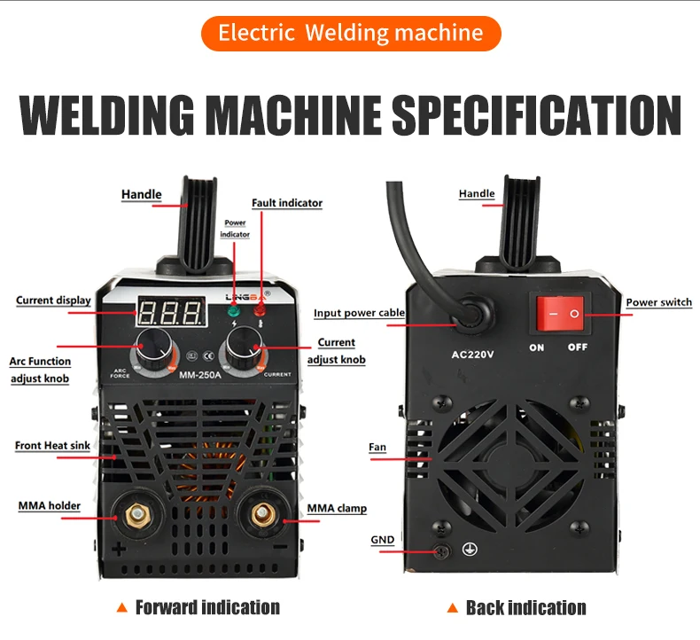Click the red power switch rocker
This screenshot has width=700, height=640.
[x=562, y=314]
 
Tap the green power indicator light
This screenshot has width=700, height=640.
[x=234, y=311]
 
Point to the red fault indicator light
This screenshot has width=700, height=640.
[x=261, y=310]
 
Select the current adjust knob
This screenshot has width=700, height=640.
[x=241, y=350]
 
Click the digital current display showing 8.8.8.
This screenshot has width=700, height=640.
[x=172, y=311]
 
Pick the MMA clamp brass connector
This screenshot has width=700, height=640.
[x=262, y=514]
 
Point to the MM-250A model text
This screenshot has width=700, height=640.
[x=198, y=374]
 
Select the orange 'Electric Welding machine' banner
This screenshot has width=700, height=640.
[x=350, y=34]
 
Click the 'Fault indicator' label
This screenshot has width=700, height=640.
[x=287, y=203]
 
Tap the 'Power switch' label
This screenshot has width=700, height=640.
[x=658, y=302]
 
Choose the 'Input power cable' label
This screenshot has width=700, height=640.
[x=359, y=313]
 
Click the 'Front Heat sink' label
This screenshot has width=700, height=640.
[x=52, y=445]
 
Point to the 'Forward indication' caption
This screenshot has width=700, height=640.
[x=207, y=607]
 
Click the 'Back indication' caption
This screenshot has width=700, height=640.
[x=525, y=608]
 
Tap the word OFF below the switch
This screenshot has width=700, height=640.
[x=578, y=347]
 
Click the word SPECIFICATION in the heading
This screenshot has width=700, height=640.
[x=536, y=115]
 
